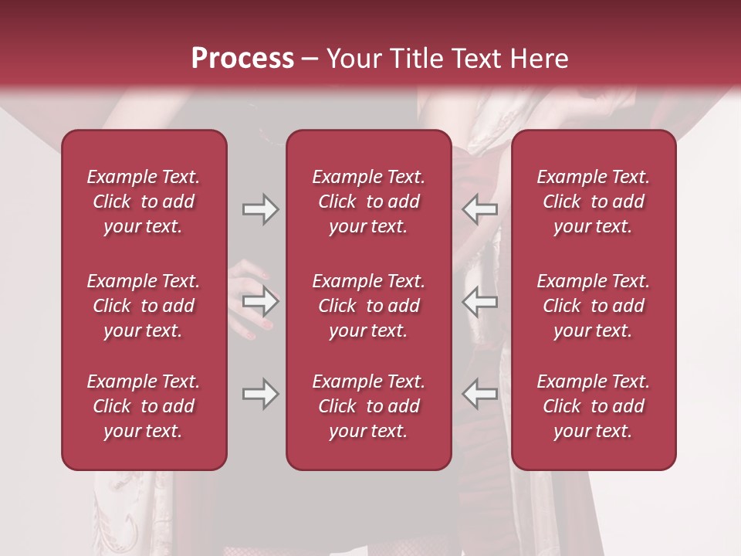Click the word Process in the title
(242, 59)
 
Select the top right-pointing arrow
(261, 209)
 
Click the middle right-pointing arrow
(261, 301)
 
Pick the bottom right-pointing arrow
(261, 394)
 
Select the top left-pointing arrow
(480, 209)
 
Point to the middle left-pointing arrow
(480, 301)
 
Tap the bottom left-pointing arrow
(480, 394)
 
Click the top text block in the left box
(144, 202)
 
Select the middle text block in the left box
(144, 306)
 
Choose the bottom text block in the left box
(144, 406)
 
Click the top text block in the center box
(368, 202)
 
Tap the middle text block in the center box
(368, 306)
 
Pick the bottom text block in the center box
(368, 406)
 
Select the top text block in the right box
(593, 202)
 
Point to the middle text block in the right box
(593, 306)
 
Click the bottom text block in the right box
(593, 406)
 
